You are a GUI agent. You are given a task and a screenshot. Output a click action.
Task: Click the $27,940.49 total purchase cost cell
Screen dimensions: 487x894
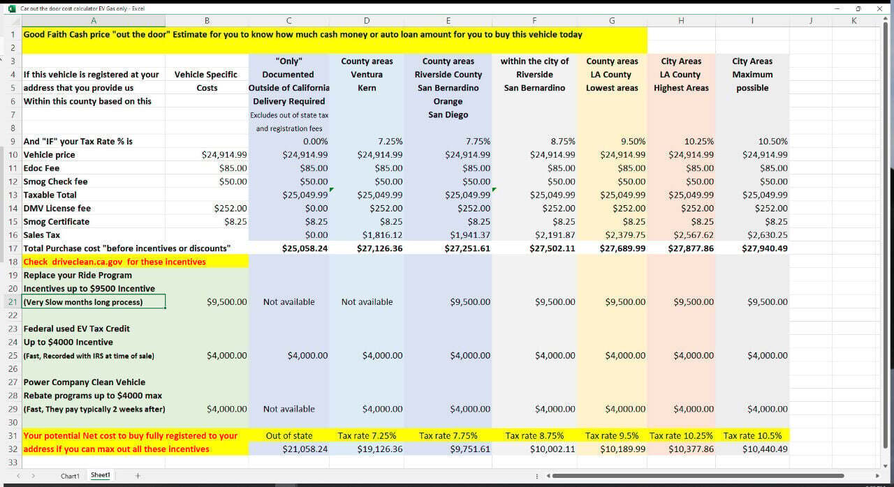pos(764,248)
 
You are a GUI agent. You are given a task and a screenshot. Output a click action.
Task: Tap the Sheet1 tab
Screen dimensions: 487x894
pos(100,475)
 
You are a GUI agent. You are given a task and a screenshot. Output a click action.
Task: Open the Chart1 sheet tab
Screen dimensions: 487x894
pos(70,476)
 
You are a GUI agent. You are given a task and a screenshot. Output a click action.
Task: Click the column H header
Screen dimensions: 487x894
pos(681,21)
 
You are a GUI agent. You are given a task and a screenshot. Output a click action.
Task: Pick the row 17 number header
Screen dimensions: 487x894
pos(13,248)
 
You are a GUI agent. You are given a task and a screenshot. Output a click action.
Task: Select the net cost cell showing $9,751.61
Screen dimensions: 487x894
pos(470,449)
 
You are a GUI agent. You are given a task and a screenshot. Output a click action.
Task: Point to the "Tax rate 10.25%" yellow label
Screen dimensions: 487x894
pos(681,436)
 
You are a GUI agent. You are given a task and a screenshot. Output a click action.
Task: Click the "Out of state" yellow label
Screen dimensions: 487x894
pos(288,436)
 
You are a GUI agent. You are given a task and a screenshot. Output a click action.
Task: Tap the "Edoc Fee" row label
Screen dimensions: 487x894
pos(42,168)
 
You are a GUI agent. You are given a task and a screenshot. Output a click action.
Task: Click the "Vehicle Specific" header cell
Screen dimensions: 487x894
pos(206,75)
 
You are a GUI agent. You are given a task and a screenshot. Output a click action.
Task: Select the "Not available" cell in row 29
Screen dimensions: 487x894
pos(288,410)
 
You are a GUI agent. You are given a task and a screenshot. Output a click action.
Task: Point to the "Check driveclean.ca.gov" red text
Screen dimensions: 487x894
pos(115,262)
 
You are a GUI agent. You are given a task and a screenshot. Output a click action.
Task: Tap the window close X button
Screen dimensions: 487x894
pos(879,8)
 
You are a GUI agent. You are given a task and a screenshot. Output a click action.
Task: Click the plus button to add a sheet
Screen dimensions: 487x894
pos(138,476)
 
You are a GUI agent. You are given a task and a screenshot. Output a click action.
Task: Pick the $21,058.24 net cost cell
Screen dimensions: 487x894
pos(305,449)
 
